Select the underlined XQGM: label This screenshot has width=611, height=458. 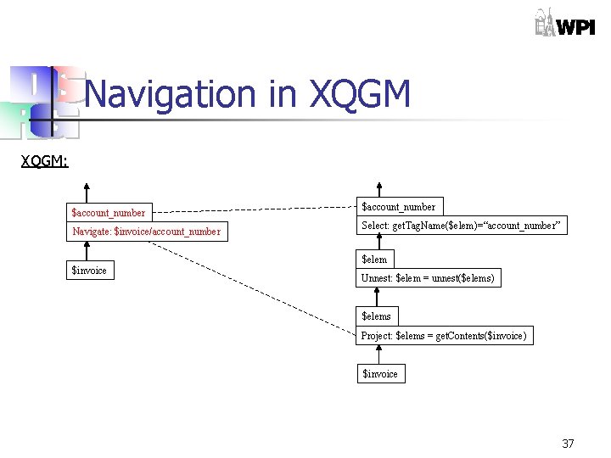tap(44, 160)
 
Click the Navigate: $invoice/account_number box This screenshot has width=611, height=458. tap(147, 232)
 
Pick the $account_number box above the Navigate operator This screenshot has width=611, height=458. tap(109, 212)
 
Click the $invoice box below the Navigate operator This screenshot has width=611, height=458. tap(89, 271)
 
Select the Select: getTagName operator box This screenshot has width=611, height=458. tap(461, 226)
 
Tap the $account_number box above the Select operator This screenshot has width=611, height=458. tap(399, 206)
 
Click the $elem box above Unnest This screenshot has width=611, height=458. tap(374, 260)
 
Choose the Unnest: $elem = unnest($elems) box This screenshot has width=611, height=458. tap(428, 278)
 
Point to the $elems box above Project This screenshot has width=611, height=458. tap(377, 316)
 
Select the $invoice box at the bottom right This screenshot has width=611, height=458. tap(379, 373)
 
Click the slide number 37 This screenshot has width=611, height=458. tap(568, 444)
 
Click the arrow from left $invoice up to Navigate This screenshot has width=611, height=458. tap(87, 252)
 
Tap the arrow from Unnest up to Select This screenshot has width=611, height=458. tap(379, 243)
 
